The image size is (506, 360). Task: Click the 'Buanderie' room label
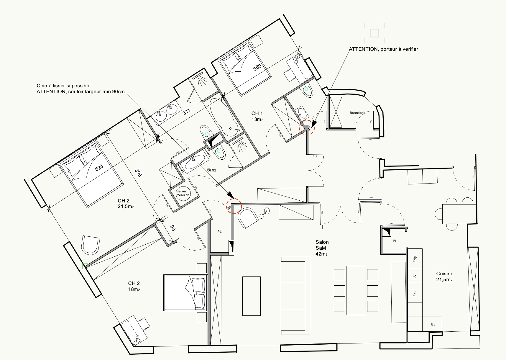(357, 113)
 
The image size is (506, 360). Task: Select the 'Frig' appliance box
(415, 258)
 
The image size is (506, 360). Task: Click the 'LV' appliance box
(415, 276)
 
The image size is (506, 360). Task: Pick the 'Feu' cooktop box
(415, 293)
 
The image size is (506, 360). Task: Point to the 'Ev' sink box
(433, 324)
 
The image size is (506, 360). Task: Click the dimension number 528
(99, 168)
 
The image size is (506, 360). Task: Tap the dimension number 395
(138, 173)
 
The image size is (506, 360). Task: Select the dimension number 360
(257, 67)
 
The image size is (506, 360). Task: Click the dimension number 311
(186, 112)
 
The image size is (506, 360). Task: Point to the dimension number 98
(173, 228)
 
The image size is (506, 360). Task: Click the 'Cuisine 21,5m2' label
(445, 276)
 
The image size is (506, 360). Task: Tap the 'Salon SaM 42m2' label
(322, 248)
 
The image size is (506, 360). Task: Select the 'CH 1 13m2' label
(257, 116)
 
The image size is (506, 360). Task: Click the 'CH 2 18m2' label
(134, 286)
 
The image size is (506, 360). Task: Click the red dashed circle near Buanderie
(307, 127)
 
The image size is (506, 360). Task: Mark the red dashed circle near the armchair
(234, 206)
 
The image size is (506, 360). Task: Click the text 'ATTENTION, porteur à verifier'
(383, 49)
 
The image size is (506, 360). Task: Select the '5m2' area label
(211, 170)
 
